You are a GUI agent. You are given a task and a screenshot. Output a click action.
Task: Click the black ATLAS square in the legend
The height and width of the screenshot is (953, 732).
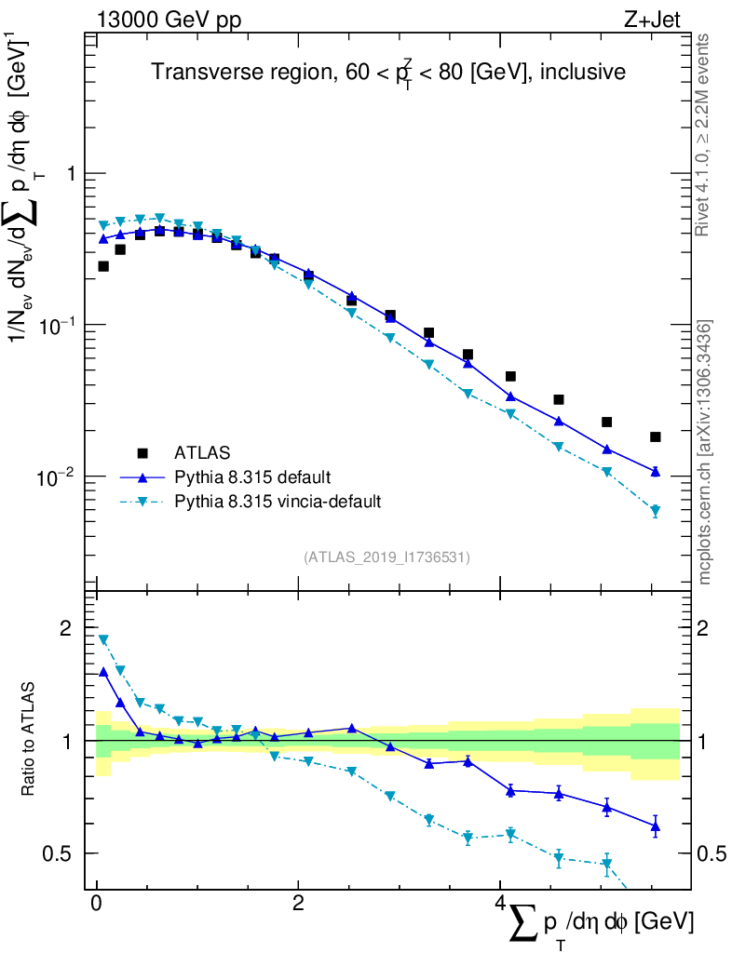point(142,453)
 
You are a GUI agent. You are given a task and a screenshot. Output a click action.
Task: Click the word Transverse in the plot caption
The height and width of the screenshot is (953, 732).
point(195,72)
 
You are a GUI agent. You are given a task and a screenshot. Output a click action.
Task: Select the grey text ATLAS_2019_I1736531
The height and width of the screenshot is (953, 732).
point(386,557)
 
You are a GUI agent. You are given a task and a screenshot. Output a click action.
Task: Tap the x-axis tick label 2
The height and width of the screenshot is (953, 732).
point(298,905)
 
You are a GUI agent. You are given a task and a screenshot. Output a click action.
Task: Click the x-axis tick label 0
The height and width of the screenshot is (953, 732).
point(97,905)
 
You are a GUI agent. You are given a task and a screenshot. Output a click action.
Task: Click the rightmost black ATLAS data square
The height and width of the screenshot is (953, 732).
point(656,436)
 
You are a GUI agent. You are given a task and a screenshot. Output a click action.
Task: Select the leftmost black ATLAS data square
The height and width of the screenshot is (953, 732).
point(103,266)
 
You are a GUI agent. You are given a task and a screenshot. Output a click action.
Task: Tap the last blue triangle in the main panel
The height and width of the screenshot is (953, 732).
point(656,472)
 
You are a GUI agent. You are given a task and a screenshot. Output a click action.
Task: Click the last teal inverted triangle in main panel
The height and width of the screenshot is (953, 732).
point(656,511)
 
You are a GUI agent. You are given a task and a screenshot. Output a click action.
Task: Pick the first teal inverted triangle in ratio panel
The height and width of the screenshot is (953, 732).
point(103,639)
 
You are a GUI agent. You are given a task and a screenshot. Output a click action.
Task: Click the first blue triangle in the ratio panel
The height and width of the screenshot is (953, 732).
point(103,671)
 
